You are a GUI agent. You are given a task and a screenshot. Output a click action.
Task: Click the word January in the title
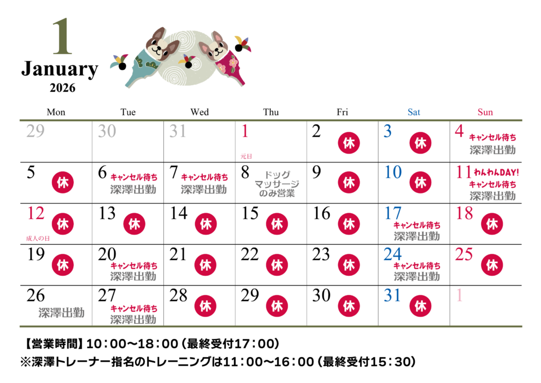[x=60, y=69]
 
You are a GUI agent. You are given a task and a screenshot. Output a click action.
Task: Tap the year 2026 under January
[x=63, y=88]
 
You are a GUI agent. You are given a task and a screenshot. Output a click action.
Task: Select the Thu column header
[x=271, y=112]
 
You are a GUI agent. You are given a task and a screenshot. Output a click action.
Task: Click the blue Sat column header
[x=414, y=112]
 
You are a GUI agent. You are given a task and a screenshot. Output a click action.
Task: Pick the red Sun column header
[x=485, y=112]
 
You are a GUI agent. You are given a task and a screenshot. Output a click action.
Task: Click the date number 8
[x=245, y=172]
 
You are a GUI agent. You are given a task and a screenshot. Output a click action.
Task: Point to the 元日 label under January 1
[x=246, y=156]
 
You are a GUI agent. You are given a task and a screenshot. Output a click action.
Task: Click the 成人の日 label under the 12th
[x=38, y=238]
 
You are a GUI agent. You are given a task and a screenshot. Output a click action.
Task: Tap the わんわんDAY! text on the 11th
[x=496, y=173]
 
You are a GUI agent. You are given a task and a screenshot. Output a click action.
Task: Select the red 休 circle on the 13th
[x=134, y=224]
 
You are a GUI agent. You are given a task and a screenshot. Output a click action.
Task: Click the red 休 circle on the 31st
[x=420, y=306]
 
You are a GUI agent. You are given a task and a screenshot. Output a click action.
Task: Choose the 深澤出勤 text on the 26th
[x=61, y=313]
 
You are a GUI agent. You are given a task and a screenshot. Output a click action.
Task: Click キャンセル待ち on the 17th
[x=417, y=225]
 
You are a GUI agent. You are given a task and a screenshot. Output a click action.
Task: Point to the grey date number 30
[x=107, y=131]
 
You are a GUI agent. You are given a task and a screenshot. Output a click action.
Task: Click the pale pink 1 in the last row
[x=459, y=295]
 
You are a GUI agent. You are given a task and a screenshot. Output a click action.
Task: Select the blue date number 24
[x=393, y=254]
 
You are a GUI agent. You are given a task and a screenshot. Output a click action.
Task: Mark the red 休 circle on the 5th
[x=63, y=182]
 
